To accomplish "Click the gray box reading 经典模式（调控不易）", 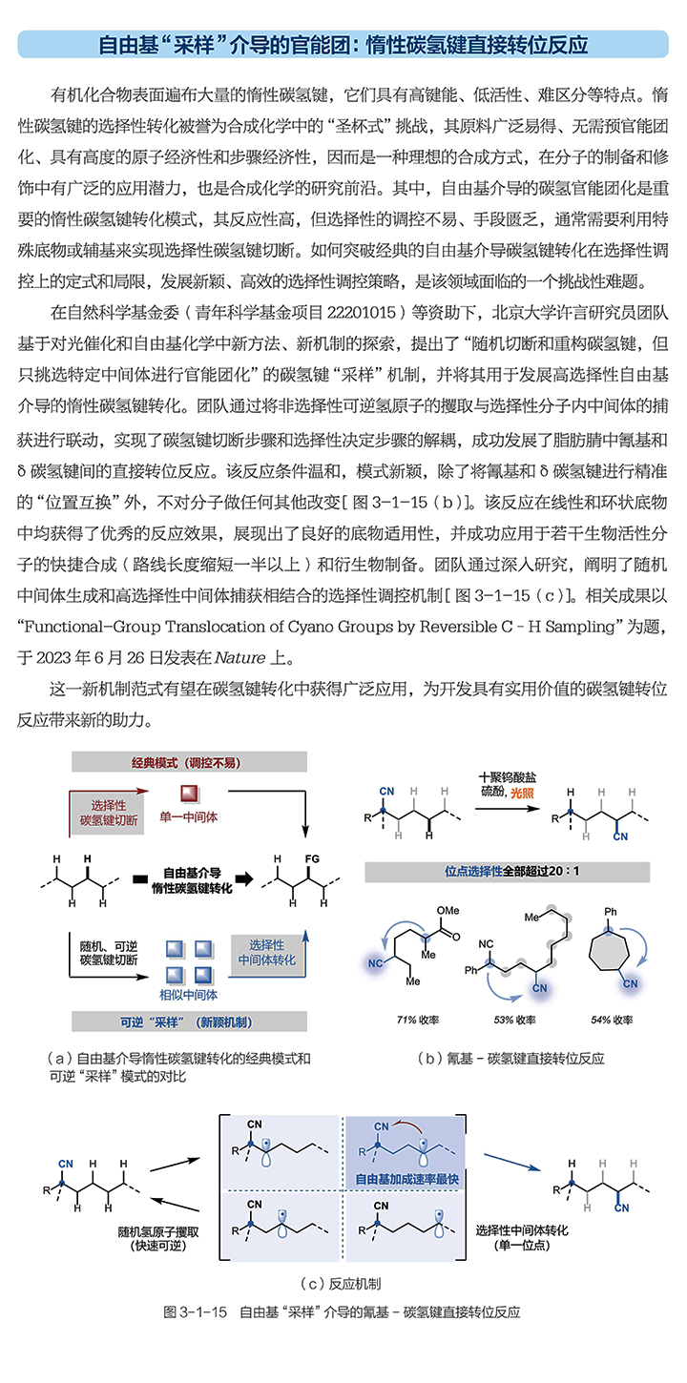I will (188, 762).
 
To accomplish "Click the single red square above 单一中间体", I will (188, 795).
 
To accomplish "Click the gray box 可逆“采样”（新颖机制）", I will (188, 1022).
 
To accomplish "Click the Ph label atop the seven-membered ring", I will (612, 912).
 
